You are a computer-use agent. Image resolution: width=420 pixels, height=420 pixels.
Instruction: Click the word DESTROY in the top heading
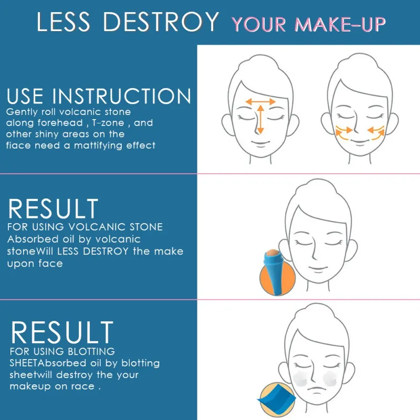(161, 22)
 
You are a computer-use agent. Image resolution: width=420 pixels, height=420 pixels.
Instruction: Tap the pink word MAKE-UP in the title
(340, 24)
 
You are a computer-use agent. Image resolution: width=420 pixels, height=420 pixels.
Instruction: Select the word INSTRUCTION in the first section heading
(122, 96)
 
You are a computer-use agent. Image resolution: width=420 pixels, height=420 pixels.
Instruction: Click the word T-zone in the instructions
(108, 123)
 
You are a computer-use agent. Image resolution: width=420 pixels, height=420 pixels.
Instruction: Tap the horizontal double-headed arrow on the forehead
(260, 101)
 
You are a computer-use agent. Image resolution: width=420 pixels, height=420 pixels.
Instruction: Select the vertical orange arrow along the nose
(260, 120)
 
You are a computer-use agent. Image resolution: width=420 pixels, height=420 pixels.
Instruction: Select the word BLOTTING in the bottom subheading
(91, 351)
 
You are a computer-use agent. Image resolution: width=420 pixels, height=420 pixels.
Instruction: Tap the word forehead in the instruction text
(60, 123)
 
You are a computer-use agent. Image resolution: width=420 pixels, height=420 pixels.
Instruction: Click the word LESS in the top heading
(63, 22)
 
